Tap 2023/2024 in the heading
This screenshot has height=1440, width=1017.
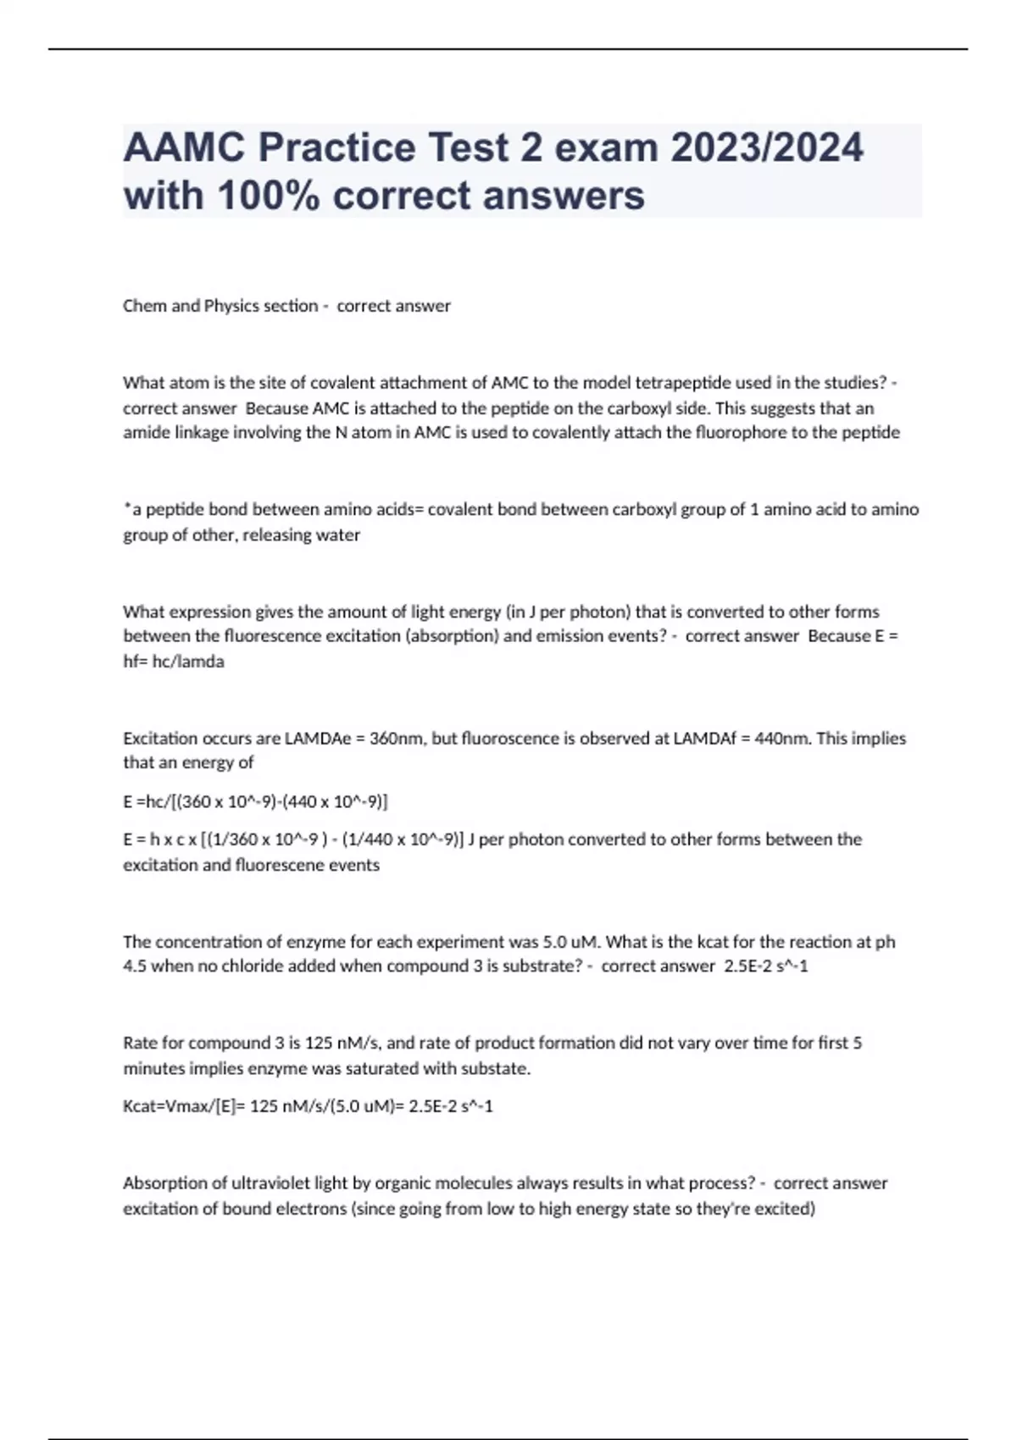767,147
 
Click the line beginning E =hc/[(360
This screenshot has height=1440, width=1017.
255,801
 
